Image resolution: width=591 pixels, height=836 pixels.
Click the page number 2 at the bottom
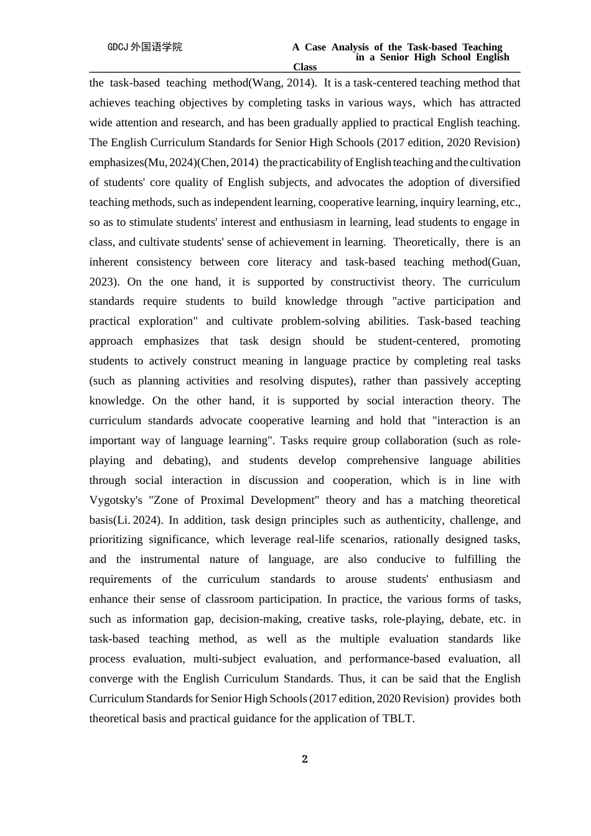(305, 759)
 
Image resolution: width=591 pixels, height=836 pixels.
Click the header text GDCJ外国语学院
(145, 47)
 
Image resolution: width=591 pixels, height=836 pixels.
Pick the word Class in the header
(305, 67)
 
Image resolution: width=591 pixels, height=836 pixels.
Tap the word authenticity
(412, 520)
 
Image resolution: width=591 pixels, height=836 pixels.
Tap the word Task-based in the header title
(432, 47)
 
